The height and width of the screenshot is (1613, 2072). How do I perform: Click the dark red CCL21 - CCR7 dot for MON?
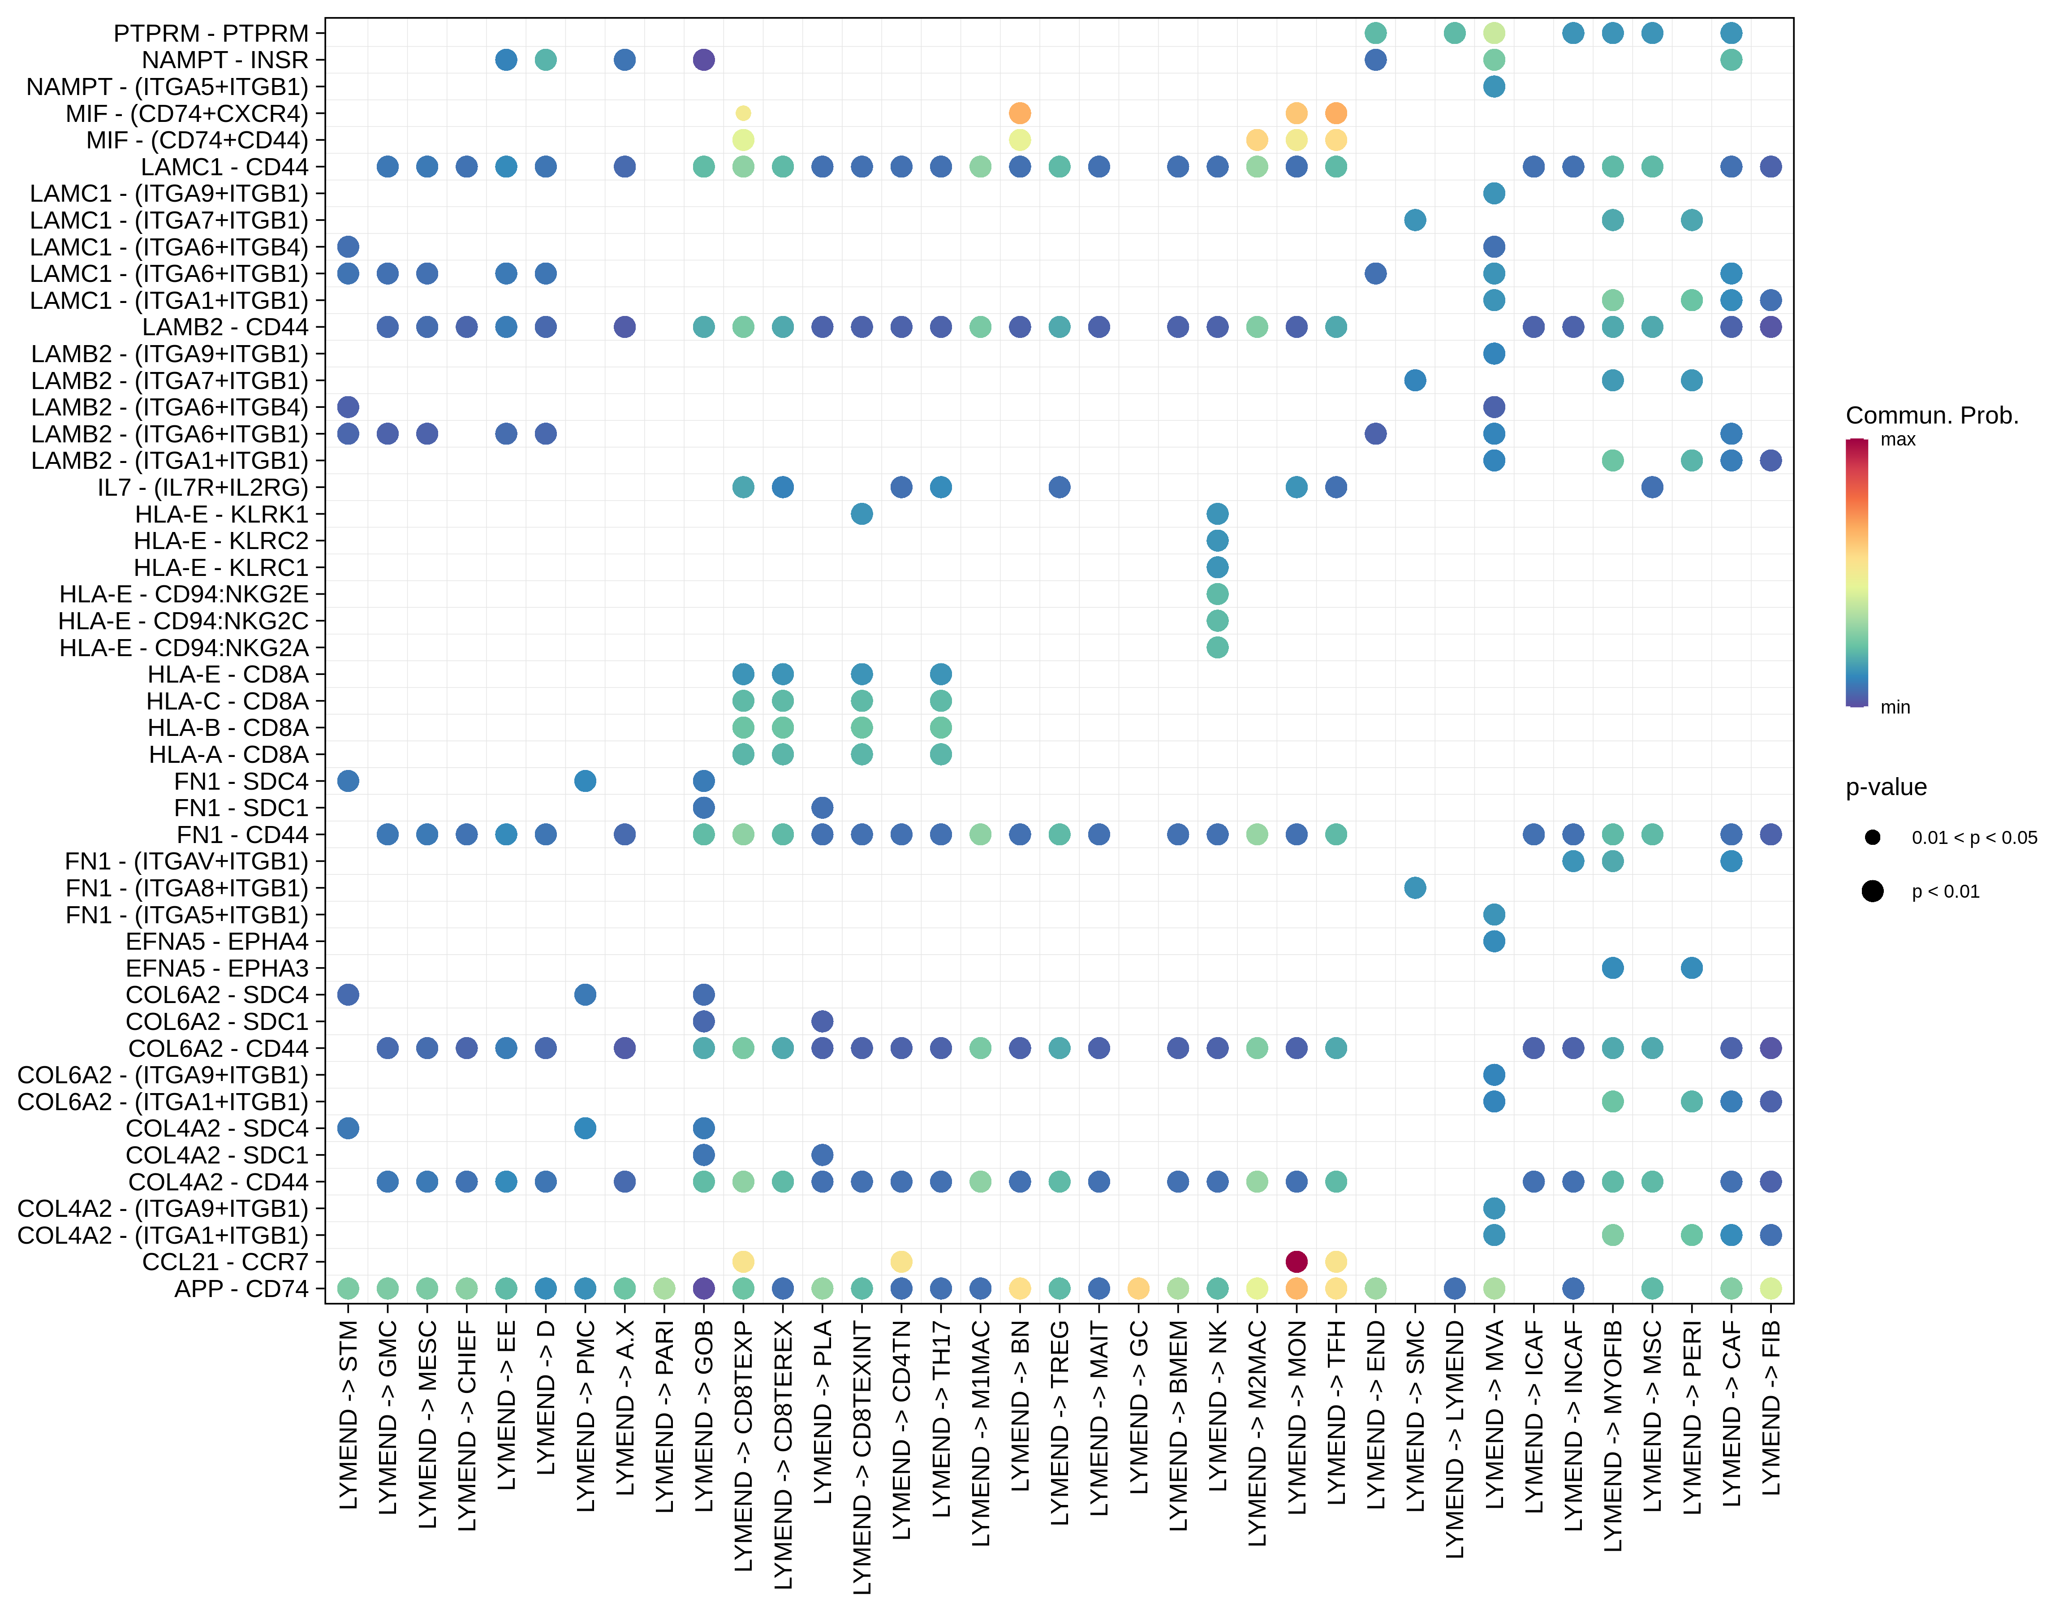(1296, 1261)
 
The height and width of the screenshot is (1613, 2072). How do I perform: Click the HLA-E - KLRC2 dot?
(1217, 541)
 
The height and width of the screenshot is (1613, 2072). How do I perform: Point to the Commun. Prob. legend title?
(1932, 415)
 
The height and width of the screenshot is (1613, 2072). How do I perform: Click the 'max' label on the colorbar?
(1897, 439)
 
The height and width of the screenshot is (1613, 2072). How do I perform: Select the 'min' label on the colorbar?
(1895, 707)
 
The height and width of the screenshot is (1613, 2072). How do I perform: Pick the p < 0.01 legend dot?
(1872, 891)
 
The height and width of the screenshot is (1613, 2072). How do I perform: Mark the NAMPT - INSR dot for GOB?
(703, 60)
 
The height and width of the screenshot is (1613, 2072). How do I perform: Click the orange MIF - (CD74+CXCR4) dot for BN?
(1020, 113)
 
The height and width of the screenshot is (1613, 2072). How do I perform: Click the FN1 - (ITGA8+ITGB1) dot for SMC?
(1414, 888)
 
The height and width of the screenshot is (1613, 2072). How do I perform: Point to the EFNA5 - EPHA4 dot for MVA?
(1493, 941)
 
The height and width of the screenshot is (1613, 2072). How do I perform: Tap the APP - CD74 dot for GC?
(1138, 1288)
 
